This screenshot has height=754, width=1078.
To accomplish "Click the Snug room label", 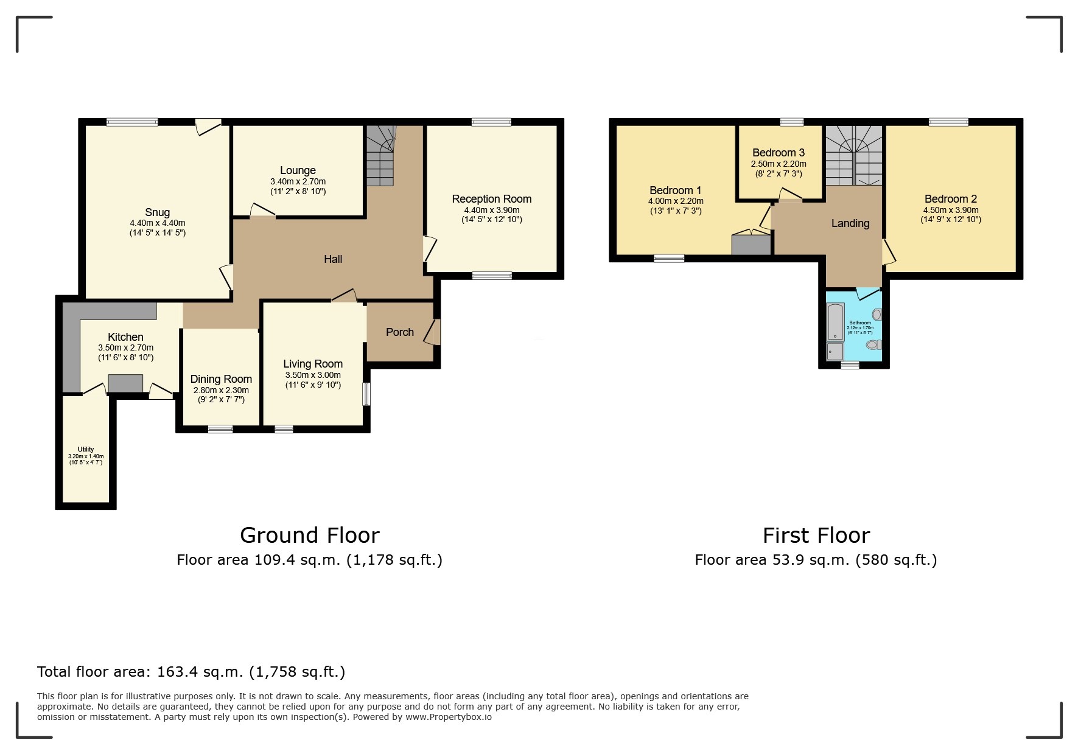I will pyautogui.click(x=157, y=212).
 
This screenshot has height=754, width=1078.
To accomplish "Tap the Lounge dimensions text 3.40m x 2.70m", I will pyautogui.click(x=298, y=181).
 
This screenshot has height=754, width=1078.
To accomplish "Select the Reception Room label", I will pyautogui.click(x=491, y=199).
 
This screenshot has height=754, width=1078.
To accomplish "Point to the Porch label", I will pyautogui.click(x=399, y=332).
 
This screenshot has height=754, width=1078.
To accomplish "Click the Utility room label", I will pyautogui.click(x=86, y=450).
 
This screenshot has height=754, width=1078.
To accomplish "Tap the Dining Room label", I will pyautogui.click(x=221, y=379).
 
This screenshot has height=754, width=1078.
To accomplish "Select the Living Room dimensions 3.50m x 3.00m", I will pyautogui.click(x=313, y=375).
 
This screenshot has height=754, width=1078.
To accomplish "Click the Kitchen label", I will pyautogui.click(x=125, y=337).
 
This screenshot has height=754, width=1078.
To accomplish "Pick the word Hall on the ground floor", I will pyautogui.click(x=332, y=259).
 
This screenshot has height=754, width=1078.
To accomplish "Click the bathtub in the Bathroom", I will pyautogui.click(x=835, y=321).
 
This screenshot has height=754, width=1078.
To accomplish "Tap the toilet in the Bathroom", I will pyautogui.click(x=873, y=344).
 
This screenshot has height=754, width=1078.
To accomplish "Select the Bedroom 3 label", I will pyautogui.click(x=778, y=153).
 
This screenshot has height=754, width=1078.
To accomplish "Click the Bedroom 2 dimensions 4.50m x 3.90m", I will pyautogui.click(x=950, y=210).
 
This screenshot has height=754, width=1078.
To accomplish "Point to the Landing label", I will pyautogui.click(x=850, y=223).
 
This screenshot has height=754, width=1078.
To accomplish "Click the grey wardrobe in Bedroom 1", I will pyautogui.click(x=751, y=245).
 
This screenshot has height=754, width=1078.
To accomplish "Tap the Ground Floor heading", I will pyautogui.click(x=309, y=535).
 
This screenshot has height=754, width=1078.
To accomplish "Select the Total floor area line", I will pyautogui.click(x=191, y=672).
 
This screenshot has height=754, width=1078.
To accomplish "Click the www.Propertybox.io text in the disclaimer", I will pyautogui.click(x=448, y=717).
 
